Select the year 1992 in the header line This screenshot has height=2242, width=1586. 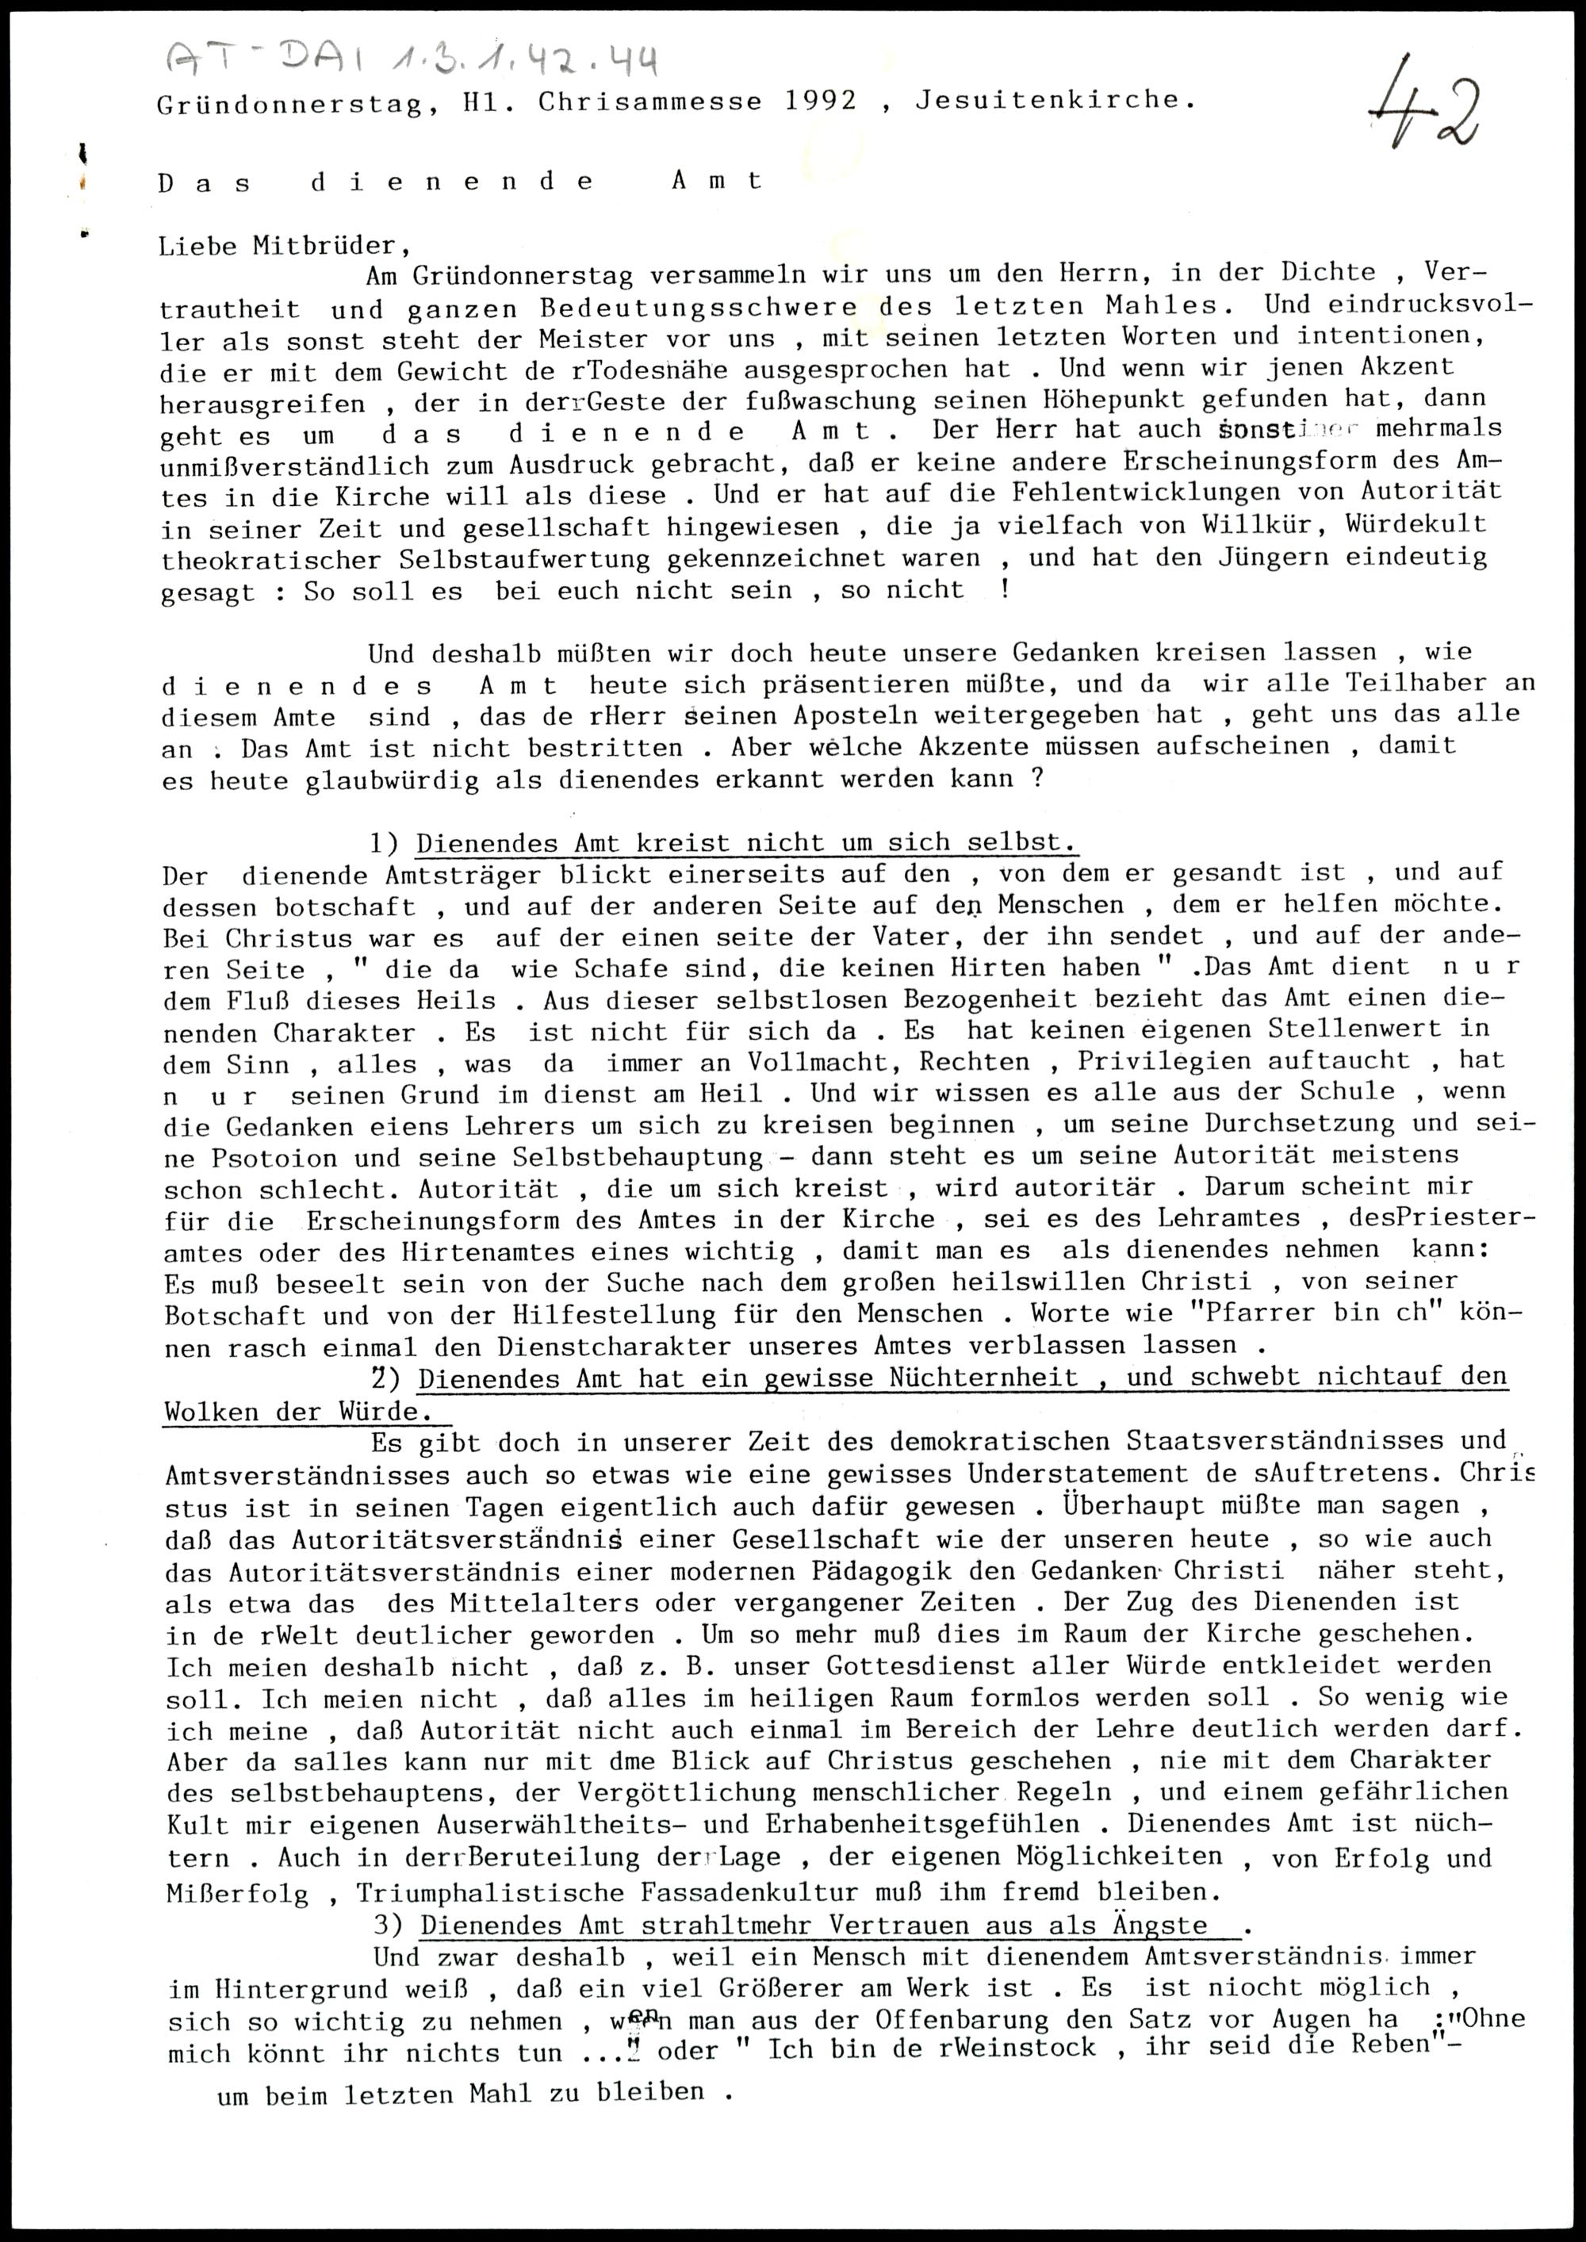click(820, 101)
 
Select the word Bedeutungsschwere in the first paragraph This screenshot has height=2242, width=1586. click(699, 308)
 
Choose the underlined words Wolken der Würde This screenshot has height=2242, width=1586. click(298, 1412)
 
